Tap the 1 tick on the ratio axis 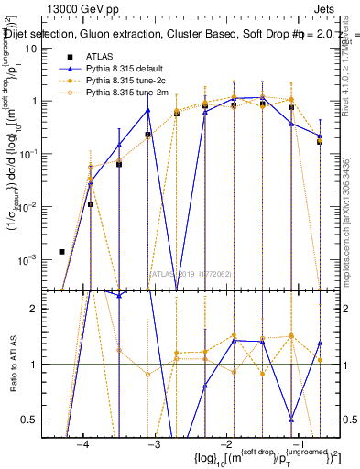point(46,365)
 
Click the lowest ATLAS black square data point point(61,251)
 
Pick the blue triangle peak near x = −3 point(147,110)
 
